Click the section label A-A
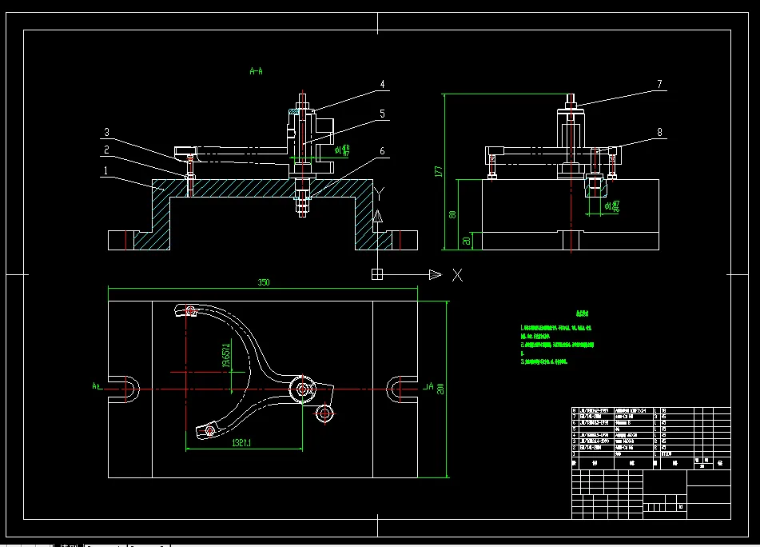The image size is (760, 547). (257, 71)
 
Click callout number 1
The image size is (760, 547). (104, 170)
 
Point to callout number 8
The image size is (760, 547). (660, 131)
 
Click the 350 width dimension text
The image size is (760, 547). (263, 282)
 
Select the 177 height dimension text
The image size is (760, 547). (438, 172)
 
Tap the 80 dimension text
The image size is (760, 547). (452, 214)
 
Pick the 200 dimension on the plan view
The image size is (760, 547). (440, 389)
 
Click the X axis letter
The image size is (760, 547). (457, 275)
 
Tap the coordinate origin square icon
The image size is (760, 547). (378, 275)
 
